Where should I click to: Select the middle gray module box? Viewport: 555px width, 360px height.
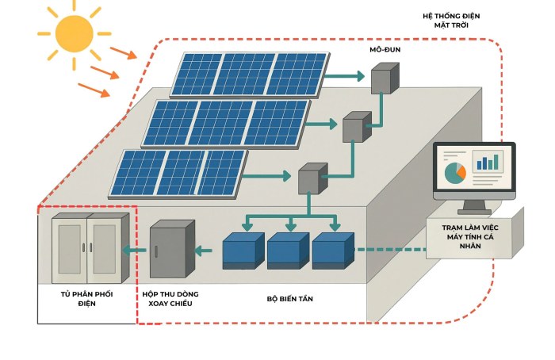[x=356, y=126]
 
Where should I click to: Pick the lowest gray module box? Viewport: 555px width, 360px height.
[x=312, y=178]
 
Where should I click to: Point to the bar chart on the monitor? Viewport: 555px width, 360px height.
[x=487, y=163]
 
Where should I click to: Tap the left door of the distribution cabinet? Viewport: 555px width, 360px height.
[x=69, y=247]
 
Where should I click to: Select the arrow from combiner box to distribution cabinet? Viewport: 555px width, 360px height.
[x=136, y=251]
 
